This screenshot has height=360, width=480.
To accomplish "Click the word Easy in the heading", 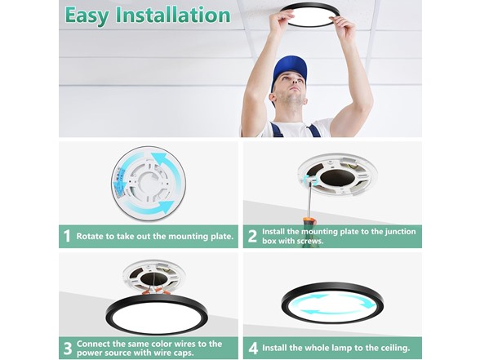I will tap(88, 16).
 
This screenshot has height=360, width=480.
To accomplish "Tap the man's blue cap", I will tap(290, 69).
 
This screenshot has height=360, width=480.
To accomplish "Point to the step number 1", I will tap(67, 237).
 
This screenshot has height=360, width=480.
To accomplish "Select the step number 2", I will tap(252, 237).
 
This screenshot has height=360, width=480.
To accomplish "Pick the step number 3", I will tap(67, 349).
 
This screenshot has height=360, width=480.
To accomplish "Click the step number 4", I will tap(252, 349).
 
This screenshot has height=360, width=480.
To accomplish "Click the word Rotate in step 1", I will tap(91, 237).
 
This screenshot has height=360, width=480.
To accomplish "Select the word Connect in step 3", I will tap(94, 344).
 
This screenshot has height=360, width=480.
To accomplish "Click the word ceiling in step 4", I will tap(391, 349).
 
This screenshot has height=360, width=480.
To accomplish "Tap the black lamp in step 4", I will tap(331, 302).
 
